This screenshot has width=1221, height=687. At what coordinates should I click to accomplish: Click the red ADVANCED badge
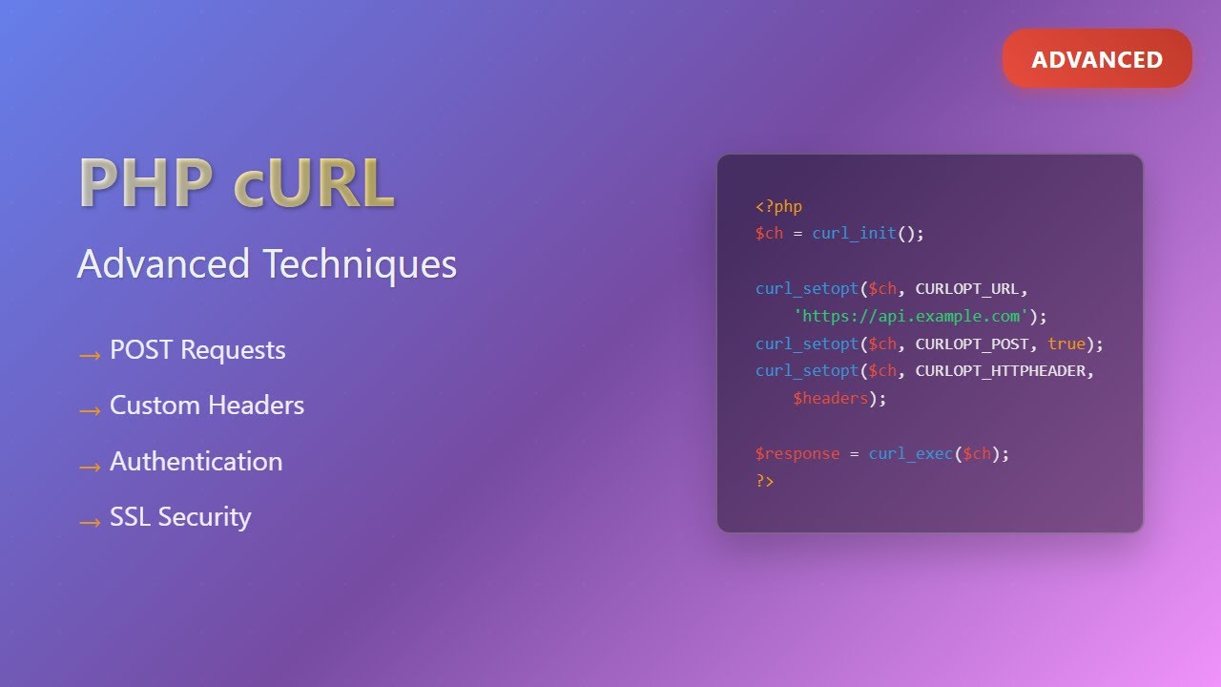[x=1097, y=59]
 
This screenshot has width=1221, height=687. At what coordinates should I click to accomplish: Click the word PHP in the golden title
[x=146, y=183]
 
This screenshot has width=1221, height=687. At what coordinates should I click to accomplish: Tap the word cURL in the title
[x=314, y=183]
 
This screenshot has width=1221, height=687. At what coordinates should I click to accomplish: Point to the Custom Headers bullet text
[x=207, y=406]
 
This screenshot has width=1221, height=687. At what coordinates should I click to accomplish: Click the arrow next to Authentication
[x=90, y=467]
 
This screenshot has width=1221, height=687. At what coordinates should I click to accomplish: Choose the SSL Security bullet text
[x=180, y=517]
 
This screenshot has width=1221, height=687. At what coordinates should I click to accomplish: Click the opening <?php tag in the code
[x=778, y=206]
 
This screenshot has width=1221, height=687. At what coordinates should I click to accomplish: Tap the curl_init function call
[x=854, y=234]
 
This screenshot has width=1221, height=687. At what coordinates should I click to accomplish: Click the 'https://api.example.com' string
[x=911, y=316]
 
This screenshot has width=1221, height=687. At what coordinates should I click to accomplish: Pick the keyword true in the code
[x=1066, y=343]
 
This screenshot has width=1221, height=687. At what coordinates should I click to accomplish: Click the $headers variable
[x=830, y=398]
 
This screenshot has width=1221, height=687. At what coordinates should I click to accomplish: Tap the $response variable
[x=797, y=454]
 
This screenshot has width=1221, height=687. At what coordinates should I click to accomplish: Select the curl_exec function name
[x=910, y=454]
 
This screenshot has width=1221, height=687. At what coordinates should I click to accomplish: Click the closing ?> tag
[x=765, y=481]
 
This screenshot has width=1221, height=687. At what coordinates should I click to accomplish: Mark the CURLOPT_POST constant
[x=972, y=343]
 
